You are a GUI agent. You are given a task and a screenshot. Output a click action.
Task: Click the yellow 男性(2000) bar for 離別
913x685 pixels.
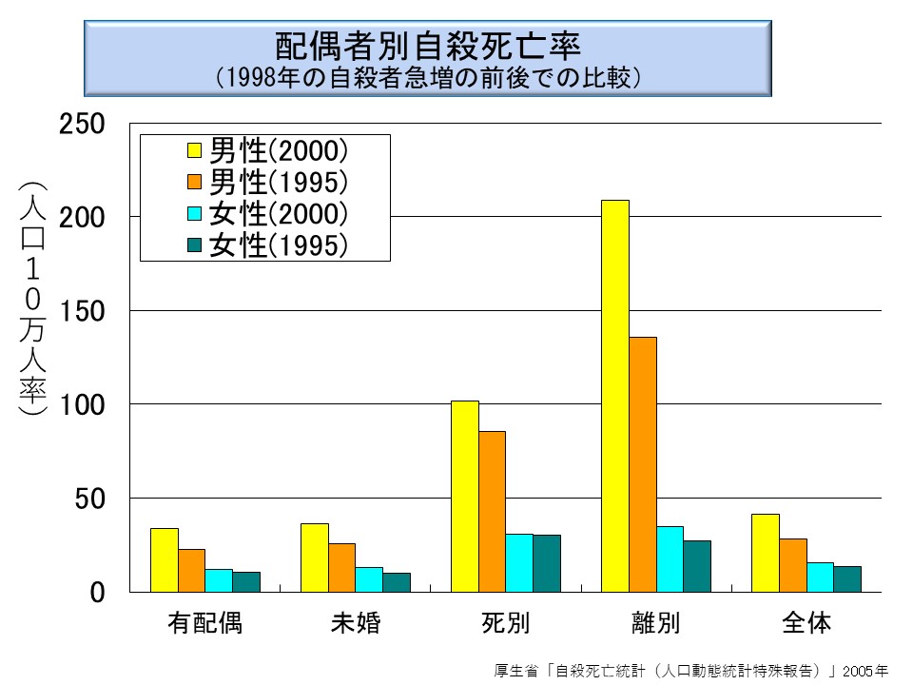614,396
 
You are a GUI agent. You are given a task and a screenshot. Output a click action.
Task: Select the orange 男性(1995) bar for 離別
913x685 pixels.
642,464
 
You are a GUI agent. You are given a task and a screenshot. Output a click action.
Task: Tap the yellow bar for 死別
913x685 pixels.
464,496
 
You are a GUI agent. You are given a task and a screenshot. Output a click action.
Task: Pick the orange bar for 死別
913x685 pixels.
492,511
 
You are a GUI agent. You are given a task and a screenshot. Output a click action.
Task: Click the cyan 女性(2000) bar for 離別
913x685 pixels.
670,559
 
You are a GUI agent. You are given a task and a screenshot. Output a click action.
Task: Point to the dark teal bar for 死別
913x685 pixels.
547,563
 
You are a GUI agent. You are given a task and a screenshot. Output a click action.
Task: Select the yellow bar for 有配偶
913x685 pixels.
165,559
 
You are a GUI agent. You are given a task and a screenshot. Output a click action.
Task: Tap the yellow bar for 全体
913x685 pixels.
765,553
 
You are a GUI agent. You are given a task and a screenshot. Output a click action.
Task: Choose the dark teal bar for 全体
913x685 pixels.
847,578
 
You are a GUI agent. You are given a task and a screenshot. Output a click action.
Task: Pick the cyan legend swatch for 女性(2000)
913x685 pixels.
193,213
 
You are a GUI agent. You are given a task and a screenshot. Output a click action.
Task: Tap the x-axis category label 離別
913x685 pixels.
655,624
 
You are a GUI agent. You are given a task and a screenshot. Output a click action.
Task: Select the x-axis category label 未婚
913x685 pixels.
356,624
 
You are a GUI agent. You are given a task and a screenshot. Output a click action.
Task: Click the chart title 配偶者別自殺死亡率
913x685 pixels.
427,46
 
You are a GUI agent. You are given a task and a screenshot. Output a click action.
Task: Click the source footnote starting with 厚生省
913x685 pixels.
691,669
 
